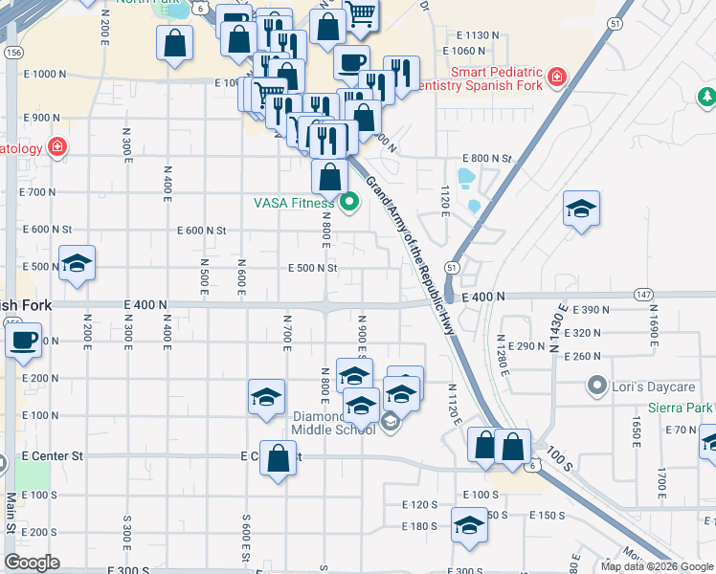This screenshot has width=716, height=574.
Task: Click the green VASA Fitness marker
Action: pyautogui.click(x=349, y=202)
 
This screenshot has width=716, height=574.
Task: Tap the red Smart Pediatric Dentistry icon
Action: pyautogui.click(x=556, y=77)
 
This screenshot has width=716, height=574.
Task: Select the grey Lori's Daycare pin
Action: pyautogui.click(x=598, y=386)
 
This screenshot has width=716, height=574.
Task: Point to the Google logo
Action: pyautogui.click(x=32, y=562)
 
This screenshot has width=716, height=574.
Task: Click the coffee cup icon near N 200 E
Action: pyautogui.click(x=24, y=340)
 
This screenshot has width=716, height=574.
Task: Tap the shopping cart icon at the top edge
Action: pyautogui.click(x=360, y=13)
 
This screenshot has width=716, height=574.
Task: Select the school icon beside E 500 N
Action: pyautogui.click(x=77, y=264)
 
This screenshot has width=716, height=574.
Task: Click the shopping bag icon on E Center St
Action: pyautogui.click(x=278, y=458)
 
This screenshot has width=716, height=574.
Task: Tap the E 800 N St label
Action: pyautogui.click(x=487, y=158)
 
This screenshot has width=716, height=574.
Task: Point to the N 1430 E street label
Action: pyautogui.click(x=554, y=334)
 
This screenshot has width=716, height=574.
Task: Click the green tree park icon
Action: pyautogui.click(x=705, y=97)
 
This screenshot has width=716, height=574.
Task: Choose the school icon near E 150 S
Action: pyautogui.click(x=468, y=527)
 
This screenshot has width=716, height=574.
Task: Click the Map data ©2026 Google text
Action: pyautogui.click(x=656, y=566)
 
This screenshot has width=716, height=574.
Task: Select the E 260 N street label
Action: pyautogui.click(x=582, y=356)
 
